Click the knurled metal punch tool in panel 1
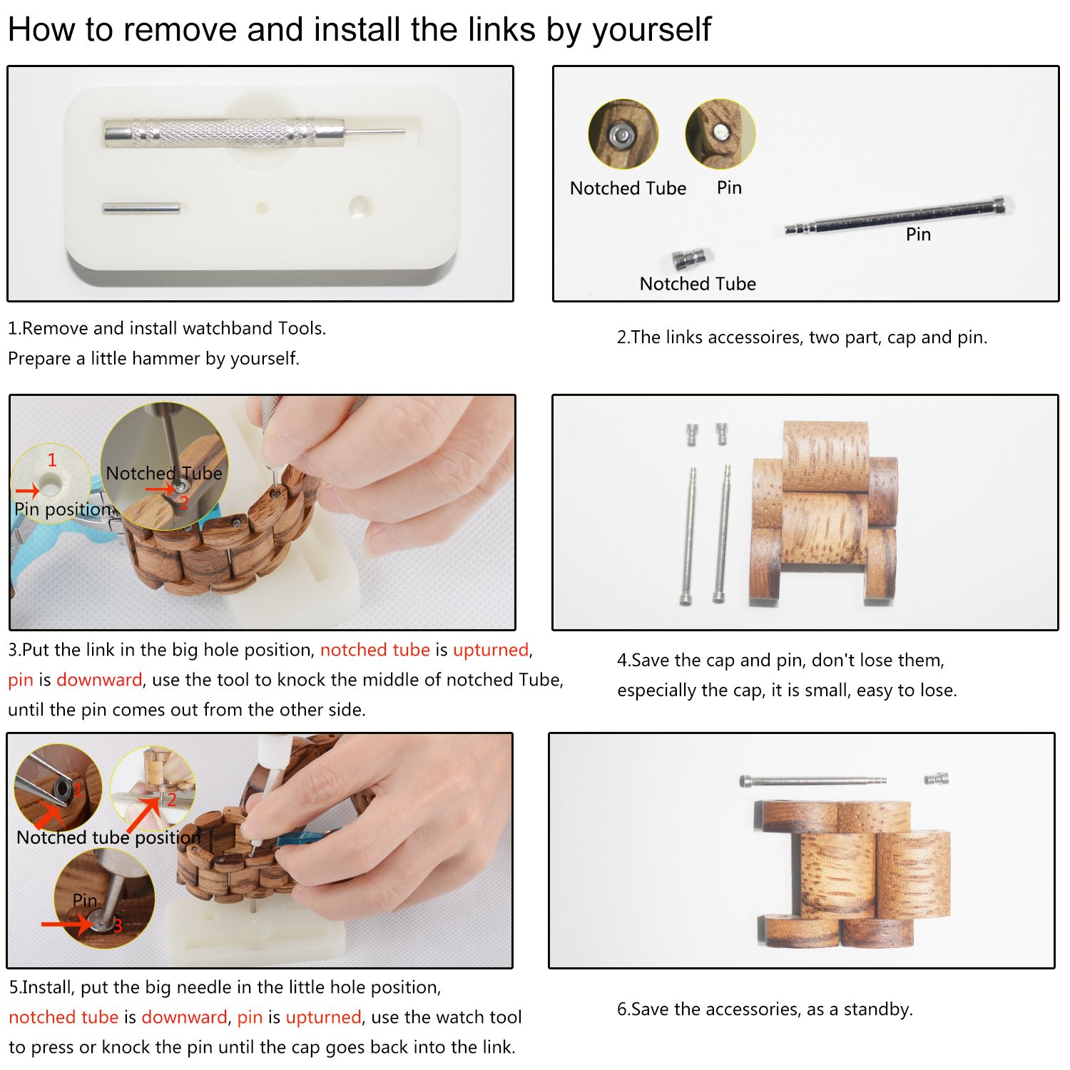255,132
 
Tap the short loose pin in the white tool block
141,208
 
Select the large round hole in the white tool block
360,206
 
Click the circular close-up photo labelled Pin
720,133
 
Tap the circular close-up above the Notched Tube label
623,134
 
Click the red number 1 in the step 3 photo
51,460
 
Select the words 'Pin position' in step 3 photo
63,509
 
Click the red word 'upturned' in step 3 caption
491,650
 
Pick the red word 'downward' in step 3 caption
99,680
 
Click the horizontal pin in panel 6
813,781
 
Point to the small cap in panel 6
937,778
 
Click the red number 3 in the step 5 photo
118,925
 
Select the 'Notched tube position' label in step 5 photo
108,837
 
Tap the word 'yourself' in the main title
651,31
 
